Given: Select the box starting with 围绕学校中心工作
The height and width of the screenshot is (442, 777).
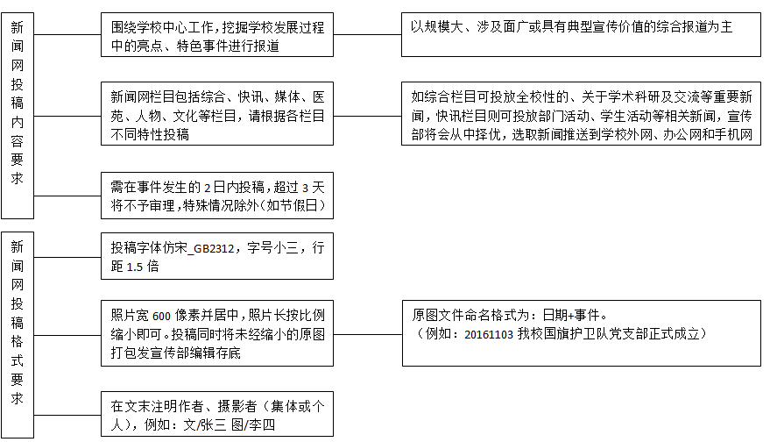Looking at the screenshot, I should click(216, 37).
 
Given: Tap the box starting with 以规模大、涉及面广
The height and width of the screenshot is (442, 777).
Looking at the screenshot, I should click(581, 35).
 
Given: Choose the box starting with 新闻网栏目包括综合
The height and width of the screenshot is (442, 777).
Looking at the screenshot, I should click(216, 115).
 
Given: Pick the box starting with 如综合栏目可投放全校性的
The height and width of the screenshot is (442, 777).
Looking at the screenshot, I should click(581, 115).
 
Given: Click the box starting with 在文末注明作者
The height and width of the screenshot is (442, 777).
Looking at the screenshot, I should click(216, 414).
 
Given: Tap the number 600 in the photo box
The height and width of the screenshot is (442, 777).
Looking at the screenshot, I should click(161, 316).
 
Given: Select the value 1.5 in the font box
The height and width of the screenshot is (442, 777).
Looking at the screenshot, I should click(134, 267).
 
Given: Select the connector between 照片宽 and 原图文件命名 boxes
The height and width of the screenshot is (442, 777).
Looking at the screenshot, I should click(368, 334).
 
